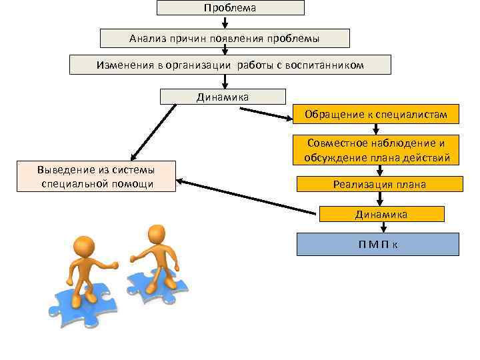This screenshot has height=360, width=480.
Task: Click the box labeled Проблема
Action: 230,7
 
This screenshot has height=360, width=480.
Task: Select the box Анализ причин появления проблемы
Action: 225,38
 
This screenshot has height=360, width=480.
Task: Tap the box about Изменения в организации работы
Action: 230,65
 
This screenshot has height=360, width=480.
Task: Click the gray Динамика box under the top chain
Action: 223,97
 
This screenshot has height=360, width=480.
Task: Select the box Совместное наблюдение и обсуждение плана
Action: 377,151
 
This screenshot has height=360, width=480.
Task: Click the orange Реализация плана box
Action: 379,184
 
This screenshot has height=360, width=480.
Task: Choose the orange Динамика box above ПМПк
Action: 381,214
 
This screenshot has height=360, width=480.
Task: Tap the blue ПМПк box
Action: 377,244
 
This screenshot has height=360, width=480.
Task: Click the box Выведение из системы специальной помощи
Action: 96,176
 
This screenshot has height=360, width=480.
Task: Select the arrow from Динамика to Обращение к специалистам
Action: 265,114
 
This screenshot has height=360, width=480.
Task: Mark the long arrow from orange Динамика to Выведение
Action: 247,197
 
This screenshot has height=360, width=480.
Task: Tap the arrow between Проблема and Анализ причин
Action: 225,22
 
